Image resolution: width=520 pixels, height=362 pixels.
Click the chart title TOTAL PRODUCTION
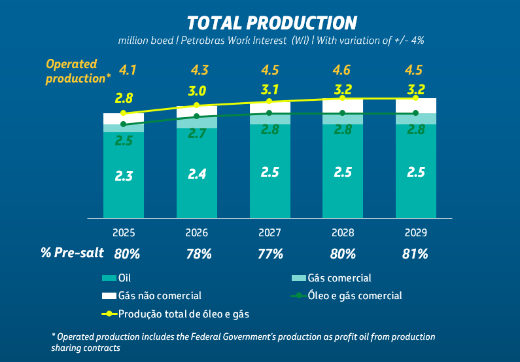click(x=272, y=23)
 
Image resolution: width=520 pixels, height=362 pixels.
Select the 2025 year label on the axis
click(x=124, y=232)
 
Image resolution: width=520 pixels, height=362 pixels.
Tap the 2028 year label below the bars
click(x=343, y=232)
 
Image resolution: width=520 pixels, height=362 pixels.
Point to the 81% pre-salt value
click(x=415, y=254)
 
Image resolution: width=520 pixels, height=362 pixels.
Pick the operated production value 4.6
click(x=343, y=69)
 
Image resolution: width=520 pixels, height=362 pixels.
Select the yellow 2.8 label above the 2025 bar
click(x=124, y=98)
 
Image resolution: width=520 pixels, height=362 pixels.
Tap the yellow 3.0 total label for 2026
click(x=198, y=91)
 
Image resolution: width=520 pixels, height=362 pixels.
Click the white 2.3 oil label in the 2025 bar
click(x=124, y=175)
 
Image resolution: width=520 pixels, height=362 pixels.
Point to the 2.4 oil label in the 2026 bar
click(x=197, y=174)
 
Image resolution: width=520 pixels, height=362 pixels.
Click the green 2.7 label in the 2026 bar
click(x=197, y=134)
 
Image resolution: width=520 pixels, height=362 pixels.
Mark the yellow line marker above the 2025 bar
click(x=124, y=113)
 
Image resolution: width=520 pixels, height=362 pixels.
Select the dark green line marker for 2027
click(x=269, y=113)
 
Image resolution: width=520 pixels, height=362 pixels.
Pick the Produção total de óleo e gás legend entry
click(x=177, y=314)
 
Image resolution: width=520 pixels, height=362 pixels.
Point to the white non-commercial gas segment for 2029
click(x=415, y=106)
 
